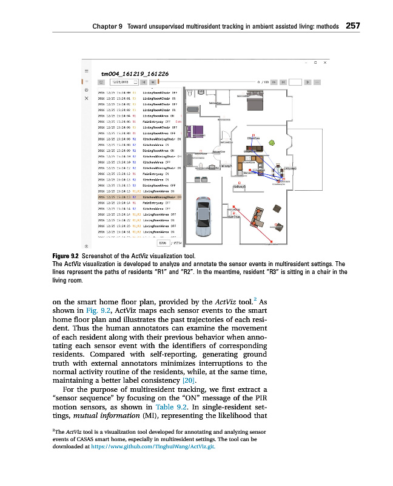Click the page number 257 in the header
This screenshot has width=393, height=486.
coord(353,26)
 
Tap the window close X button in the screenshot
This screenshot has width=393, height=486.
coord(325,62)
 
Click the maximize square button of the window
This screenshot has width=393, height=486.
coord(316,62)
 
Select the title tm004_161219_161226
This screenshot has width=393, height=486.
coord(135,74)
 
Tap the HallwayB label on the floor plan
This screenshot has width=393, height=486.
coord(239,186)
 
